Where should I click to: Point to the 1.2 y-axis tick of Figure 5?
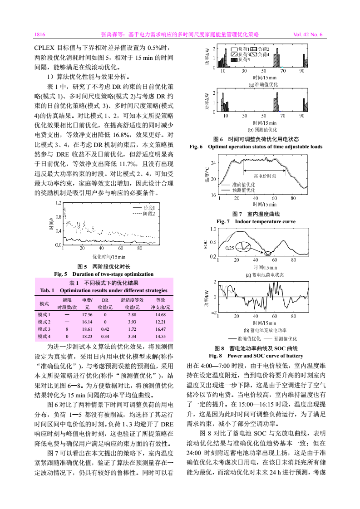coord(58,203)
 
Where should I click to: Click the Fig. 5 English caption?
coord(104,274)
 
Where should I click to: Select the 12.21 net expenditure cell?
coord(160,322)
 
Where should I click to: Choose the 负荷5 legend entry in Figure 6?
coord(244,59)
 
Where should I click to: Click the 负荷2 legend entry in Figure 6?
coord(264,49)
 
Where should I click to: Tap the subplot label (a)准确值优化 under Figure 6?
coord(263,84)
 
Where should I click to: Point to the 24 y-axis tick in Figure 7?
coord(214,162)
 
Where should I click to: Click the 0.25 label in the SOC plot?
coord(231,248)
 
